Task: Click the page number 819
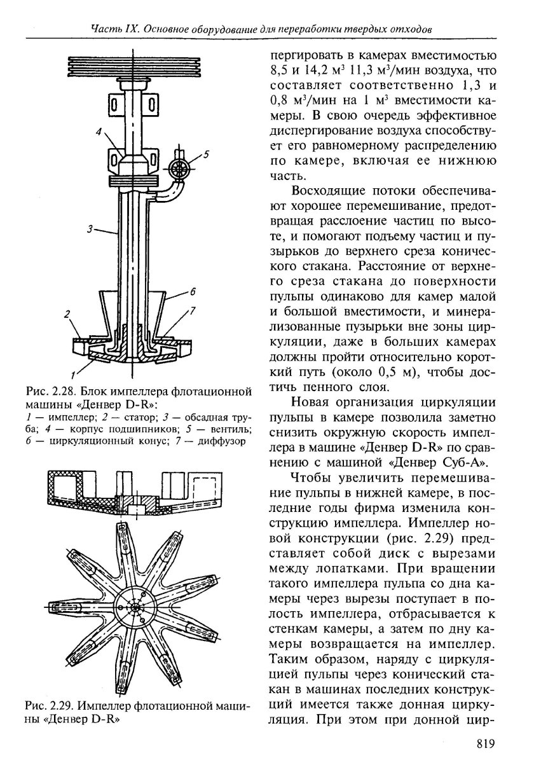[x=484, y=743]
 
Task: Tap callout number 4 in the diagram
[x=99, y=132]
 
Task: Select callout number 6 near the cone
[x=191, y=293]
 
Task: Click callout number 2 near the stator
[x=66, y=314]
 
